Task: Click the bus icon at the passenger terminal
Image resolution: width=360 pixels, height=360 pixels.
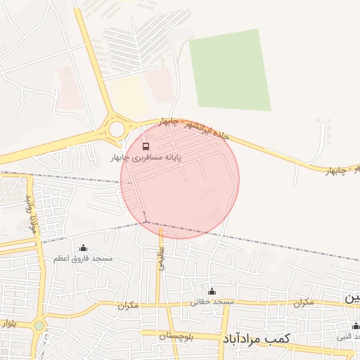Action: tap(146, 146)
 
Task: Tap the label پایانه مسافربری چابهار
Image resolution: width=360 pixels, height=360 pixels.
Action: tap(146, 158)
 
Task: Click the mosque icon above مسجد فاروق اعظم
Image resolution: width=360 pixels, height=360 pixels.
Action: tap(84, 247)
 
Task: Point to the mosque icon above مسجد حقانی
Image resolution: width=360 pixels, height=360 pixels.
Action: tap(212, 291)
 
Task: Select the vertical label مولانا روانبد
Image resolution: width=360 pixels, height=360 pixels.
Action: tap(31, 214)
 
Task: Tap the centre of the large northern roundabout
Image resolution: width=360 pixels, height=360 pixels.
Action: tap(116, 129)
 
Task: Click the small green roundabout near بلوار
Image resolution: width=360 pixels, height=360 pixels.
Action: tap(38, 326)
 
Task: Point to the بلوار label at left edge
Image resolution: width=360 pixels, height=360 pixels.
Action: tap(8, 324)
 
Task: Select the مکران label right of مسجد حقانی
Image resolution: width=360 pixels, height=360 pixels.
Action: tap(303, 302)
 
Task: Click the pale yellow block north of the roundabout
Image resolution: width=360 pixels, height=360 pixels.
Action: tap(127, 96)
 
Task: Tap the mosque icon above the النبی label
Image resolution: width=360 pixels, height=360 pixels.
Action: tap(356, 326)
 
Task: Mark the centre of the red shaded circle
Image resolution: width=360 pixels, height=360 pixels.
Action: tap(180, 179)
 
